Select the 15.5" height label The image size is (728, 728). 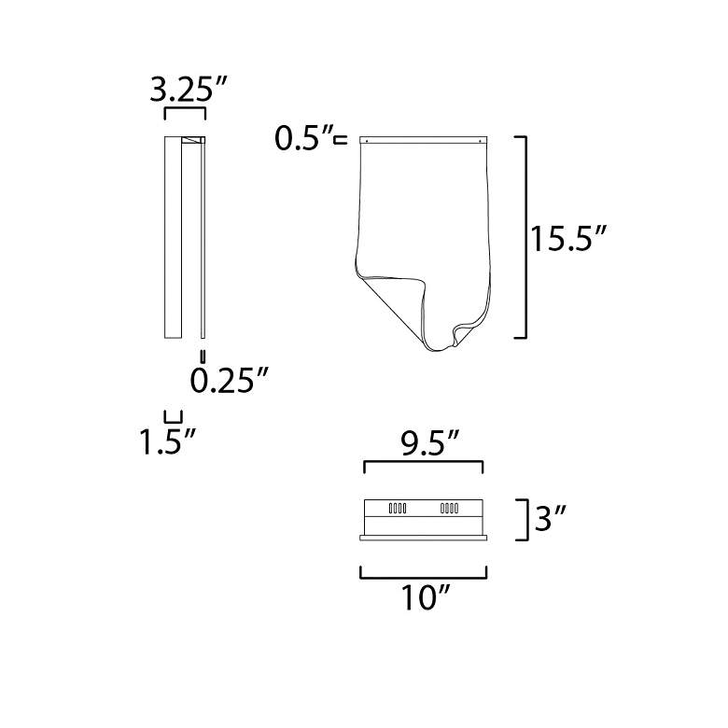[x=570, y=238]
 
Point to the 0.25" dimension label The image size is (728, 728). [x=230, y=381]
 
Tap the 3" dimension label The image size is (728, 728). [x=552, y=519]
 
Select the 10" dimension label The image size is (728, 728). [x=426, y=597]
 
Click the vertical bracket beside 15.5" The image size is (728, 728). [x=525, y=237]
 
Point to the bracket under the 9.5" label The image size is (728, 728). [x=423, y=464]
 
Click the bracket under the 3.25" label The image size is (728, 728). [x=184, y=112]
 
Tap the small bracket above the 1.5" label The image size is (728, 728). [x=173, y=416]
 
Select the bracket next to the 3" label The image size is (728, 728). [x=525, y=520]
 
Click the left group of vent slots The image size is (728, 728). [x=397, y=510]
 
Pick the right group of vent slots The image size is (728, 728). [x=449, y=510]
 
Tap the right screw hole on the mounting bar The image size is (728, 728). [x=480, y=141]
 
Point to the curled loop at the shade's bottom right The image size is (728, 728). [x=462, y=332]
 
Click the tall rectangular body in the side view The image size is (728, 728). [x=174, y=237]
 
